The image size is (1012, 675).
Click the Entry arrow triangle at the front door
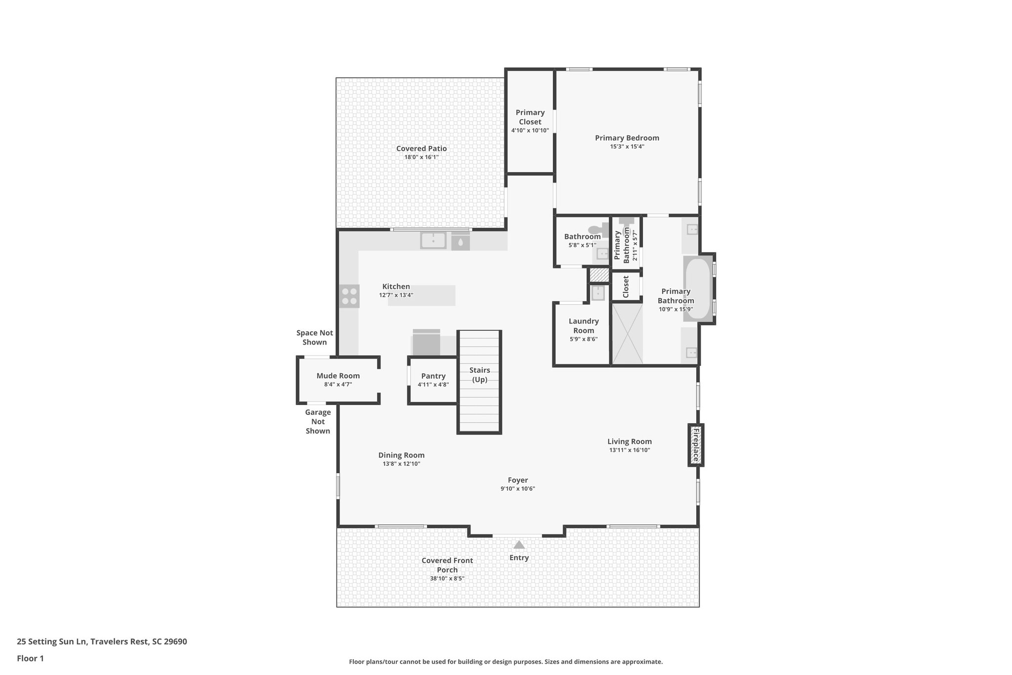point(518,545)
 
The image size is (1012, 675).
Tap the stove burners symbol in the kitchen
point(349,296)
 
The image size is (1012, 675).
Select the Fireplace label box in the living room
point(696,445)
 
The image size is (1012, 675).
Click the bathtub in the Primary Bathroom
point(697,289)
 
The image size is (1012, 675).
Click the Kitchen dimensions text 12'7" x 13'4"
point(396,295)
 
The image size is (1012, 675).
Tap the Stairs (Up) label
point(479,375)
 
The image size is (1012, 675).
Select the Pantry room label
point(433,376)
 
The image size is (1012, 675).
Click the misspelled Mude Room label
point(338,376)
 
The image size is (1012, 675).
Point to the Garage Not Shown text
point(318,421)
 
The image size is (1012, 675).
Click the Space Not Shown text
point(314,337)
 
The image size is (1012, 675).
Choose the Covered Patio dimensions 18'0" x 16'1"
point(422,157)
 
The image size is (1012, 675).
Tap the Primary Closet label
point(530,117)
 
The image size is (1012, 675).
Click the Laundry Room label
point(583,326)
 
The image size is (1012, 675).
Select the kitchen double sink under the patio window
point(433,240)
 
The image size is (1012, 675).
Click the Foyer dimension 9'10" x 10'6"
point(517,489)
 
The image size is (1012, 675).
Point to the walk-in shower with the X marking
point(627,334)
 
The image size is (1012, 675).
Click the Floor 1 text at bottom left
point(30,658)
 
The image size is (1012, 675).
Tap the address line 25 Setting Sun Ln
point(102,642)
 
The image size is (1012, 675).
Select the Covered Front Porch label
point(447,565)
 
